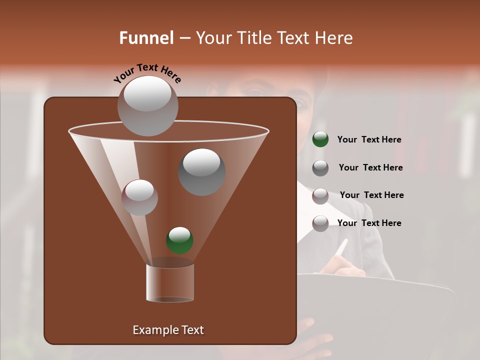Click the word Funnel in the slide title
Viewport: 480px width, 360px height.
point(146,38)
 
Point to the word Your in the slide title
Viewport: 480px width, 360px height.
point(213,38)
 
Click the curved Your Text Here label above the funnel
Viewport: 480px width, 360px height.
point(147,73)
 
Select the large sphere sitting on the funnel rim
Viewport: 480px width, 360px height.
point(147,105)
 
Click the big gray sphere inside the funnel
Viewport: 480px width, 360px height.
point(202,172)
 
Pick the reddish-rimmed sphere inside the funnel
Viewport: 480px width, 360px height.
point(139,197)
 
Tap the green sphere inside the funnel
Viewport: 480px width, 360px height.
point(179,240)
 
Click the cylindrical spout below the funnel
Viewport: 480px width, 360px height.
point(170,282)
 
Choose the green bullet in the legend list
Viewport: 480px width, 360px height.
point(320,139)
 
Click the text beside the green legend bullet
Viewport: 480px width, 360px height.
point(369,140)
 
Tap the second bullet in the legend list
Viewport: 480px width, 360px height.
point(320,168)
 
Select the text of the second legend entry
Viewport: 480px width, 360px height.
point(370,168)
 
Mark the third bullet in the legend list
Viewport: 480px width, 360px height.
point(320,196)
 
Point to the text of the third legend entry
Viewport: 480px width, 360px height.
point(371,195)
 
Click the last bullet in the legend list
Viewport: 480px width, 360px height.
point(320,223)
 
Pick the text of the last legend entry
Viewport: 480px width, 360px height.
point(369,223)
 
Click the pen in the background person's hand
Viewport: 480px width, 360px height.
point(341,248)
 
